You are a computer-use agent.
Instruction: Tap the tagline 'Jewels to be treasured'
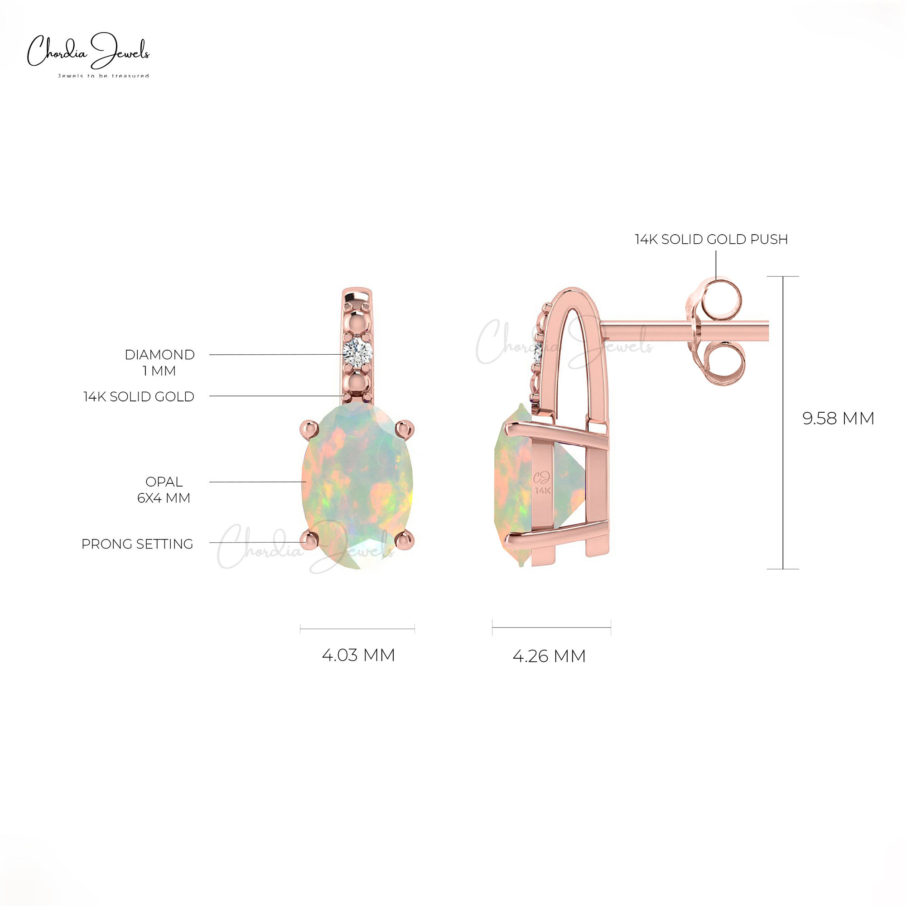103,76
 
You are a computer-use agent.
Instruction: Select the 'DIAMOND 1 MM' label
159,362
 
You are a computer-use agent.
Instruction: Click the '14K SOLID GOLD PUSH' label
711,239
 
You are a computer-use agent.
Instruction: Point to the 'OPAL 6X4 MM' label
164,490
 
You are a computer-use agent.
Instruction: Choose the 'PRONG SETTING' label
137,544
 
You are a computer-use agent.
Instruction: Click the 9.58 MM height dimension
838,418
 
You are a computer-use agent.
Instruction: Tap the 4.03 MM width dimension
358,655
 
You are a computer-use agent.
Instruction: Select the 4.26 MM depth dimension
549,656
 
